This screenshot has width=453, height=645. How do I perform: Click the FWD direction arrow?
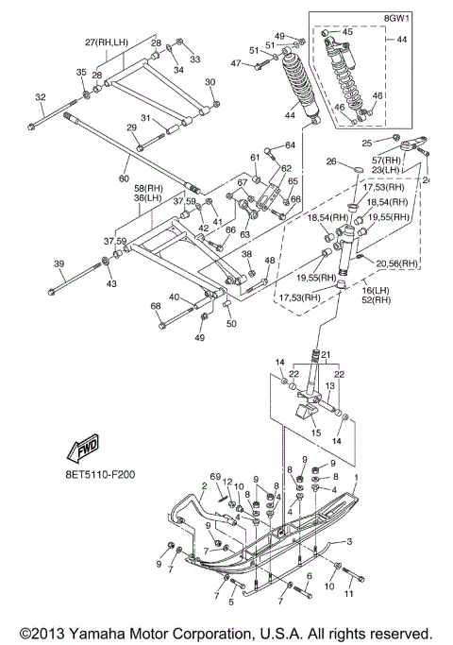[83, 447]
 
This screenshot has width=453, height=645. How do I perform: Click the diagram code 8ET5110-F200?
[100, 475]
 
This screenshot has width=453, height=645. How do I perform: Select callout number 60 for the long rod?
[124, 178]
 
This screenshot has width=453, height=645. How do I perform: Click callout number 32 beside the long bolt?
[41, 97]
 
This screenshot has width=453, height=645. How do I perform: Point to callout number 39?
[59, 263]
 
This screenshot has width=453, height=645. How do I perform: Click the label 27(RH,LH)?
[107, 42]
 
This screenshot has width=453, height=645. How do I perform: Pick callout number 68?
[155, 306]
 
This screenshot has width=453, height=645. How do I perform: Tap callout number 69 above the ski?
[215, 477]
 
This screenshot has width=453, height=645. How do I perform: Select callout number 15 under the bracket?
[316, 433]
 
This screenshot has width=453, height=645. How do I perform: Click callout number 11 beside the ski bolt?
[348, 594]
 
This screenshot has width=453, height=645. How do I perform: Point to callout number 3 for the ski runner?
[349, 541]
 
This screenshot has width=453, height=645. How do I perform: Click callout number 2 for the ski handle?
[204, 485]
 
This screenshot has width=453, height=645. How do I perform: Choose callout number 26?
[331, 161]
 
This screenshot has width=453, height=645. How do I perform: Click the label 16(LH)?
[376, 291]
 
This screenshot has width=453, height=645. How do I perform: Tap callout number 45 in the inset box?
[347, 32]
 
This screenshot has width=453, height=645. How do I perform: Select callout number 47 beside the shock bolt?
[236, 63]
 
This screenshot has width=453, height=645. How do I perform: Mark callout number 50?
[231, 323]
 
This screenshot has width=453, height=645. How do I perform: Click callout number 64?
[290, 145]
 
